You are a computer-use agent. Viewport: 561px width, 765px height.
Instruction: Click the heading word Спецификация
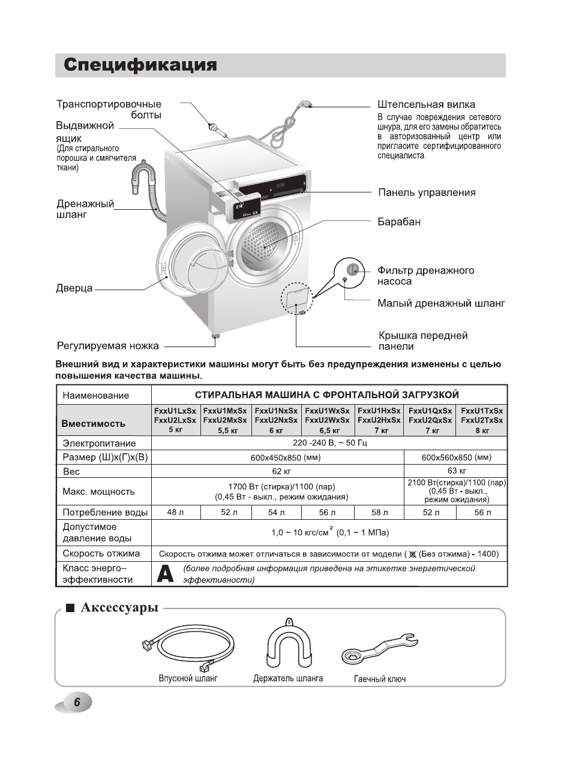pyautogui.click(x=140, y=65)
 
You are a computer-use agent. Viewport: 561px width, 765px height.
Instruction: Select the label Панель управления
pyautogui.click(x=427, y=192)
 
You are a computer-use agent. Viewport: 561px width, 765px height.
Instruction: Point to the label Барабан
pyautogui.click(x=399, y=222)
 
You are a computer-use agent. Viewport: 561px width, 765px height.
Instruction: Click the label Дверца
pyautogui.click(x=74, y=288)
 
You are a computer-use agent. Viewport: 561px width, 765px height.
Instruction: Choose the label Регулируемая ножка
pyautogui.click(x=108, y=345)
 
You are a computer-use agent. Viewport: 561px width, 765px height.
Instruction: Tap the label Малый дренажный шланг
pyautogui.click(x=441, y=303)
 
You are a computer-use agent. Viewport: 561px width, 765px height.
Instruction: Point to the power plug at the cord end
pyautogui.click(x=308, y=106)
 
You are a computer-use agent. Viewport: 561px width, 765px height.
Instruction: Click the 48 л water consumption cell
pyautogui.click(x=175, y=513)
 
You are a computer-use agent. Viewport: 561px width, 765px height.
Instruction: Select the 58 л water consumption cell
pyautogui.click(x=379, y=513)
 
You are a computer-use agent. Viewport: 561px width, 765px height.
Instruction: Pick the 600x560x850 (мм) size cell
pyautogui.click(x=456, y=457)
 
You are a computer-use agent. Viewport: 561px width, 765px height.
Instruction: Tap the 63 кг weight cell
pyautogui.click(x=456, y=471)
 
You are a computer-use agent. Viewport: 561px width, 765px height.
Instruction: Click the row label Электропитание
pyautogui.click(x=100, y=444)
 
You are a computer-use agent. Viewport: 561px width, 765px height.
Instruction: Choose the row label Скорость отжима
pyautogui.click(x=101, y=553)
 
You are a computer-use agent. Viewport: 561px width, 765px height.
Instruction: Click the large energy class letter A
pyautogui.click(x=165, y=574)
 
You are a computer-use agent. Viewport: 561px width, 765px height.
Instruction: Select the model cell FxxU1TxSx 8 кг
pyautogui.click(x=482, y=420)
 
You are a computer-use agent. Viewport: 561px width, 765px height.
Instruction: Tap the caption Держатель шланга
pyautogui.click(x=288, y=679)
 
